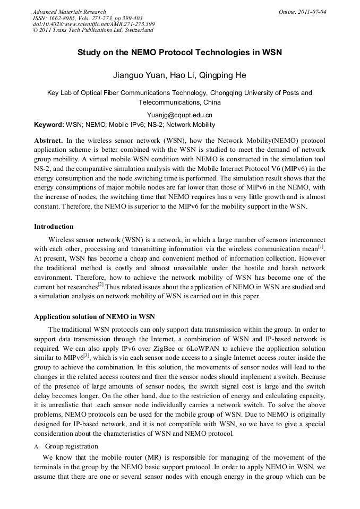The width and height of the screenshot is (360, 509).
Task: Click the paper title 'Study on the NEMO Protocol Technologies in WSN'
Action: pyautogui.click(x=179, y=53)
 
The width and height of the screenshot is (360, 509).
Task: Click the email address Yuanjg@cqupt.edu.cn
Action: pyautogui.click(x=179, y=115)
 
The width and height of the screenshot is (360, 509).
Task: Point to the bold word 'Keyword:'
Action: pyautogui.click(x=49, y=125)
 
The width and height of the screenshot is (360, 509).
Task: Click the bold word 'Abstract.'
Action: pyautogui.click(x=48, y=141)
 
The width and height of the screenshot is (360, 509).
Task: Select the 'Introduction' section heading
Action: pyautogui.click(x=54, y=227)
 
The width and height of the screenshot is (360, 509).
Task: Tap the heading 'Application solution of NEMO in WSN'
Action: pyautogui.click(x=95, y=317)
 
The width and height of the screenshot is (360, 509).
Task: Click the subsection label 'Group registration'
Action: pyautogui.click(x=72, y=446)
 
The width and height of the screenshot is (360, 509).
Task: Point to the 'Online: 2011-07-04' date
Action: pyautogui.click(x=303, y=12)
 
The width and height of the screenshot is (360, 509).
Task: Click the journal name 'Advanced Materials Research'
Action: pyautogui.click(x=70, y=12)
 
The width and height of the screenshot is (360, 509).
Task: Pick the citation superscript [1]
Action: pyautogui.click(x=321, y=246)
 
